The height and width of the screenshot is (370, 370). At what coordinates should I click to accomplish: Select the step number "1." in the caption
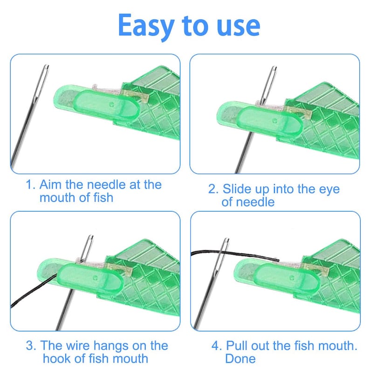click(x=31, y=185)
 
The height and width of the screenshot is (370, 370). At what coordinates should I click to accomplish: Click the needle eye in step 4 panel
click(x=226, y=244)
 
